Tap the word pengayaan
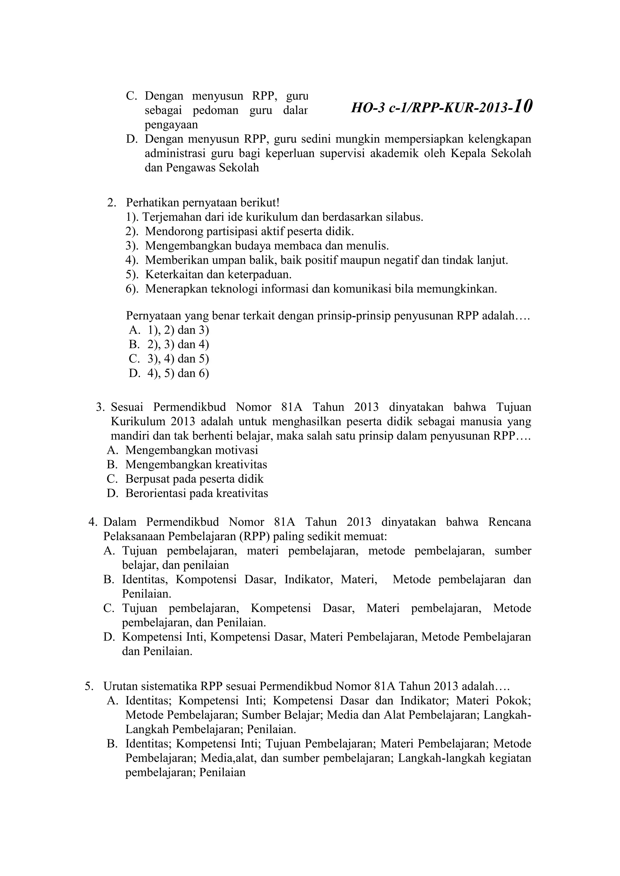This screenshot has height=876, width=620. (x=171, y=125)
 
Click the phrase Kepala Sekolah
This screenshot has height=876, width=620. (x=491, y=153)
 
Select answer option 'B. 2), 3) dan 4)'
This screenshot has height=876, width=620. (x=169, y=345)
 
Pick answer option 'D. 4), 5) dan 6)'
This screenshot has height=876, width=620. (x=169, y=373)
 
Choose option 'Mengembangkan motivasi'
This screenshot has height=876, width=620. (x=192, y=450)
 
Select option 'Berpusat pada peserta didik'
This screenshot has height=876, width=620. (x=194, y=479)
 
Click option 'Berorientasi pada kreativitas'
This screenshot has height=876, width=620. (x=196, y=493)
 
